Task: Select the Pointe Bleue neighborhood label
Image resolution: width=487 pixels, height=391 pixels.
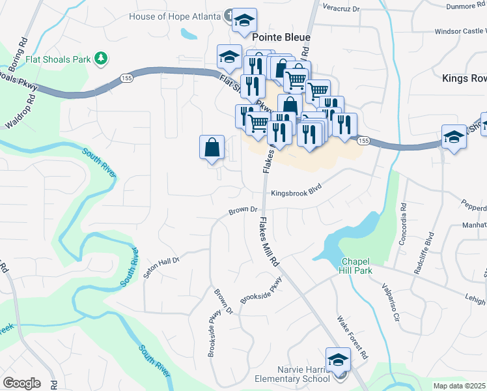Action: click(x=281, y=38)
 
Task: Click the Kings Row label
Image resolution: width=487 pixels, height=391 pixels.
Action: click(x=464, y=78)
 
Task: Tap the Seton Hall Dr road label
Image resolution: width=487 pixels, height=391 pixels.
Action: click(x=161, y=267)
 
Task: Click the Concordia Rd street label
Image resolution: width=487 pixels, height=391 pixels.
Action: click(x=404, y=225)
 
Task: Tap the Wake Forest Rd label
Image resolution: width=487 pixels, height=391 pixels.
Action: click(x=353, y=338)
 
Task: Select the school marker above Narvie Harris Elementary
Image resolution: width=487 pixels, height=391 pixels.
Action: click(x=338, y=359)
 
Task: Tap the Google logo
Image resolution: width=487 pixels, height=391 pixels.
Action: click(x=21, y=383)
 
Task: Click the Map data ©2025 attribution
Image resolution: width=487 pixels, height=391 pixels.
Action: click(x=459, y=386)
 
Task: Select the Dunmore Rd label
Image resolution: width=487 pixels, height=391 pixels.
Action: click(x=466, y=7)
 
